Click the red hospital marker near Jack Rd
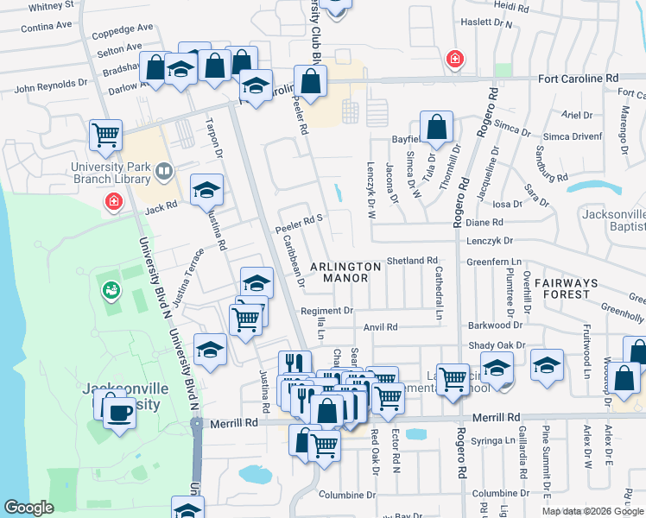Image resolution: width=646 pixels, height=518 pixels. point(113,202)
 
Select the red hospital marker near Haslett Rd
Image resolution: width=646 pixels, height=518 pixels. point(453,59)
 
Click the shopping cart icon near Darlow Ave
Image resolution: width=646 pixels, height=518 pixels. point(105,135)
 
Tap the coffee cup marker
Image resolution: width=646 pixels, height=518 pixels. point(118,411)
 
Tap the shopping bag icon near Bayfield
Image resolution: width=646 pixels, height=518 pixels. point(437,127)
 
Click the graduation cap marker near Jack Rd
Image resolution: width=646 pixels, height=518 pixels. point(206,190)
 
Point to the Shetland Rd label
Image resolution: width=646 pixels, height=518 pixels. point(412,260)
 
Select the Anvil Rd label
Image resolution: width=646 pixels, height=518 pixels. point(380,327)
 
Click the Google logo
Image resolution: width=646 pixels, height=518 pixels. point(28,508)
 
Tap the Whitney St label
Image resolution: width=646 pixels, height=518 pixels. point(51,6)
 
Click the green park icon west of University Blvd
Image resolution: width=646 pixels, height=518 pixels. point(111,291)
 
